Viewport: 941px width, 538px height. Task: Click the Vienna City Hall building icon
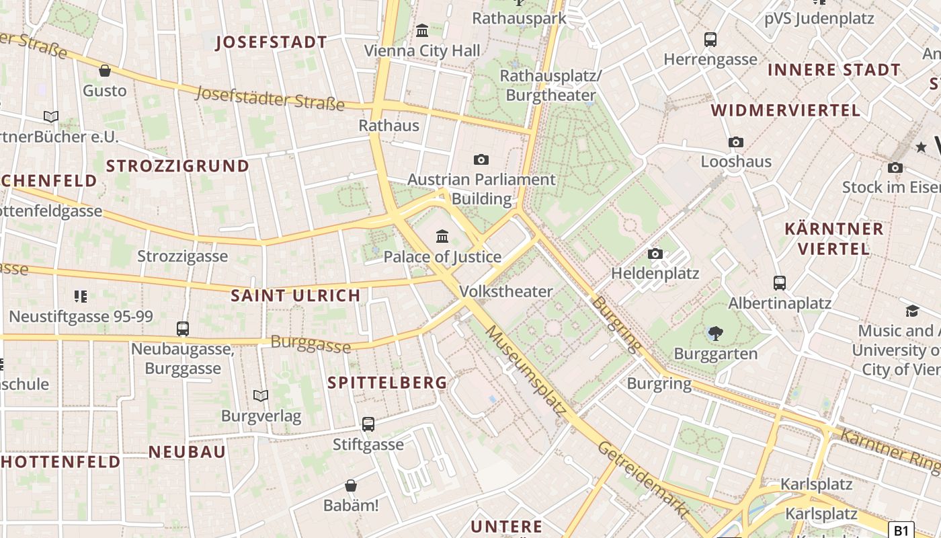point(422,30)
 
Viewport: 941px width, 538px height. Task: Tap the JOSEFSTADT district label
point(271,42)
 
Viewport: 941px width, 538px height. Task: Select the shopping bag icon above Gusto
point(104,71)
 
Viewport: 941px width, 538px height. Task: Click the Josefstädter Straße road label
point(270,98)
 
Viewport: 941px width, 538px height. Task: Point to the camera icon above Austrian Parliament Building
point(481,159)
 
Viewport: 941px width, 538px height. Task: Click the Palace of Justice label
point(442,256)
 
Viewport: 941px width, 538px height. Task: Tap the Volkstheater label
point(506,291)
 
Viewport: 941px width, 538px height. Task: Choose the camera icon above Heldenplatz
point(655,254)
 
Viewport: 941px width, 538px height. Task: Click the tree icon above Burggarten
point(715,333)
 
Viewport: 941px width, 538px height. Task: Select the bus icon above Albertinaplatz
point(780,283)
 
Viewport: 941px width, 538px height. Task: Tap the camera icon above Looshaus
point(736,142)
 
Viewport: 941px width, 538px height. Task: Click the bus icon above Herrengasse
point(710,40)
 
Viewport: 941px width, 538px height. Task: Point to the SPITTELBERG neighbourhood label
point(387,383)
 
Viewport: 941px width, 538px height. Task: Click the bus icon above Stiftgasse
point(368,424)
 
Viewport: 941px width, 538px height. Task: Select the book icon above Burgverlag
point(261,396)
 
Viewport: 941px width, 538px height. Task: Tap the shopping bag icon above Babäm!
point(350,486)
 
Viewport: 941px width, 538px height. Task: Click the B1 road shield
point(901,530)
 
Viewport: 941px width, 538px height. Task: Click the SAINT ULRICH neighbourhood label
point(296,295)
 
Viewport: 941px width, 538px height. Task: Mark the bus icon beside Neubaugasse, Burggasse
point(183,329)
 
